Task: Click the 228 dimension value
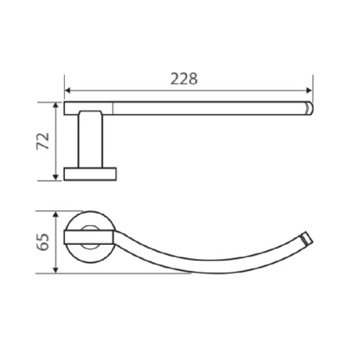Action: pos(184,79)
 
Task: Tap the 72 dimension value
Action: pos(43,142)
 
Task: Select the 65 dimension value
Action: pos(43,242)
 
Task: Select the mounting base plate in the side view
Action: pos(90,174)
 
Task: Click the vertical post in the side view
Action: pos(90,141)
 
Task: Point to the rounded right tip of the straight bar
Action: pos(310,109)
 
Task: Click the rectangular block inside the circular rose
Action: pos(89,236)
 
